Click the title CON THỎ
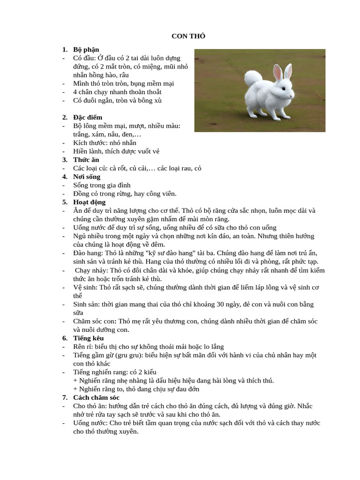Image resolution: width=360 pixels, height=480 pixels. tap(188, 36)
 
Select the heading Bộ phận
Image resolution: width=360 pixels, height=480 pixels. tap(86, 49)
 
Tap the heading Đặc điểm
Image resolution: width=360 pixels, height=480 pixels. tap(88, 117)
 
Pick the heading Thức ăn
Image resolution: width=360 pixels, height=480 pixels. tap(86, 160)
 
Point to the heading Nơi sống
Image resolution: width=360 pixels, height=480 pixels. tap(87, 177)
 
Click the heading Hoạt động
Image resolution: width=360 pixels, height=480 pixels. tap(90, 202)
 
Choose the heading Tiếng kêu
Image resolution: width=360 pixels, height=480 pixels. tap(89, 338)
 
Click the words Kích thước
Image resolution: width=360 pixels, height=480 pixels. tap(88, 142)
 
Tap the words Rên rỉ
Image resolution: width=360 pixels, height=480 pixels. tap(82, 346)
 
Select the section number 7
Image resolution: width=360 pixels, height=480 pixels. tap(65, 397)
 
